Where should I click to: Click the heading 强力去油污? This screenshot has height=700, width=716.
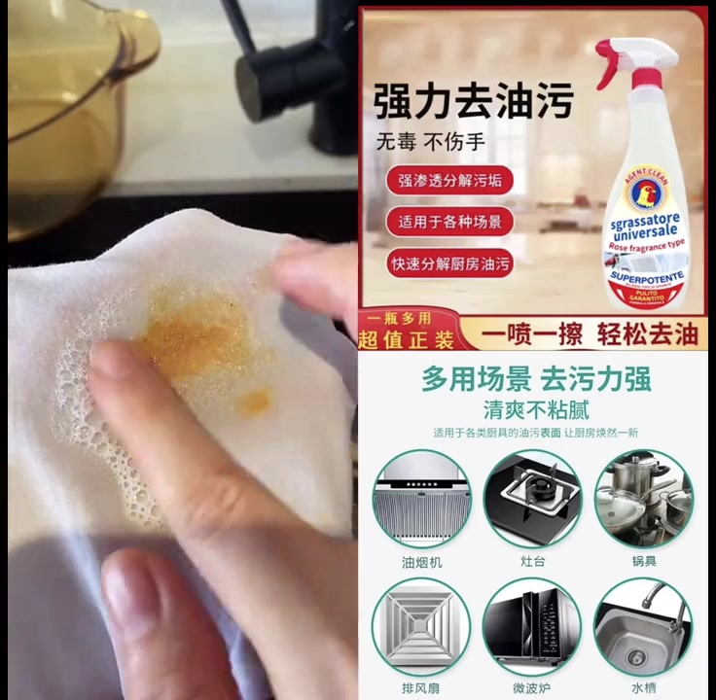[473, 101]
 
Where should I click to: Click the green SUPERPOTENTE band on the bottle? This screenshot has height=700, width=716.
[646, 277]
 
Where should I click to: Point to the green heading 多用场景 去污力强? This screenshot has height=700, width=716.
[536, 379]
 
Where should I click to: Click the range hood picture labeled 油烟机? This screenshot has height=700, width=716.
[421, 498]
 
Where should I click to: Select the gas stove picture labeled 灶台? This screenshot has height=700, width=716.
[532, 498]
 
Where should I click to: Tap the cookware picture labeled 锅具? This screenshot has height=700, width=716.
[643, 498]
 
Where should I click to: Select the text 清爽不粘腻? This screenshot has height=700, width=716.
[536, 409]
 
